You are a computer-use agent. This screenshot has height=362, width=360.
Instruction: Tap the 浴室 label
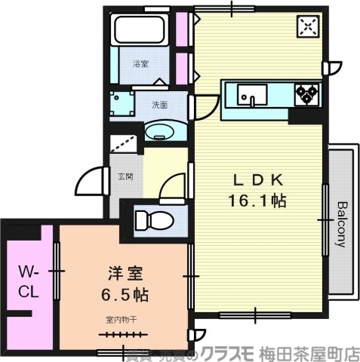(x=141, y=64)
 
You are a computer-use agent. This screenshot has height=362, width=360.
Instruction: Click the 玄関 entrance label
(x=125, y=177)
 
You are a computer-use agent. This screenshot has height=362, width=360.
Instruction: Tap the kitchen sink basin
(x=251, y=95)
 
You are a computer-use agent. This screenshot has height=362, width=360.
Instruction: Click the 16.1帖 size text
(x=256, y=201)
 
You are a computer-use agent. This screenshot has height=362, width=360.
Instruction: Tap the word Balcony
(x=341, y=224)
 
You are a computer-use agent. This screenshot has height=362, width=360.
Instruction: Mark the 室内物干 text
(x=120, y=318)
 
